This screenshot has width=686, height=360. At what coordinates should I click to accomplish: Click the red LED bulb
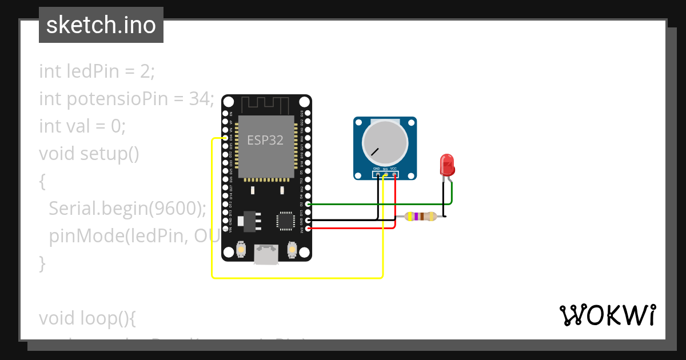447,165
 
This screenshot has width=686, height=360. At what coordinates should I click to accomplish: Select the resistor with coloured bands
420,216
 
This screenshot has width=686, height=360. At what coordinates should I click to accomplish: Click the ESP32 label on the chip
265,140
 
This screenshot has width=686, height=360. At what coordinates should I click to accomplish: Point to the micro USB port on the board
266,254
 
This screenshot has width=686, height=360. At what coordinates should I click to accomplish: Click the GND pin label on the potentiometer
376,169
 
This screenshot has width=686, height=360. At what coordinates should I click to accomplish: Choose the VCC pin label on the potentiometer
393,169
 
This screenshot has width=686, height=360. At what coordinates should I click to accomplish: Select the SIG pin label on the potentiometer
385,169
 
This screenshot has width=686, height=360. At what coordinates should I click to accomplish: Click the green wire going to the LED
377,203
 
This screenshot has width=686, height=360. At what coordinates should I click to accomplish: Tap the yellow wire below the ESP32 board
297,278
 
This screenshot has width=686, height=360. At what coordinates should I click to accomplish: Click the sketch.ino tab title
101,25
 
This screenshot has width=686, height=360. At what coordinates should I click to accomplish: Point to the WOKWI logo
607,315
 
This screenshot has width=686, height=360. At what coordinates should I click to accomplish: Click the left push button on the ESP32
241,250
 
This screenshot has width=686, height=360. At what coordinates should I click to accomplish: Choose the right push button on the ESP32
292,250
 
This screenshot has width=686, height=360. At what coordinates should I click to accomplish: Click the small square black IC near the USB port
284,221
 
